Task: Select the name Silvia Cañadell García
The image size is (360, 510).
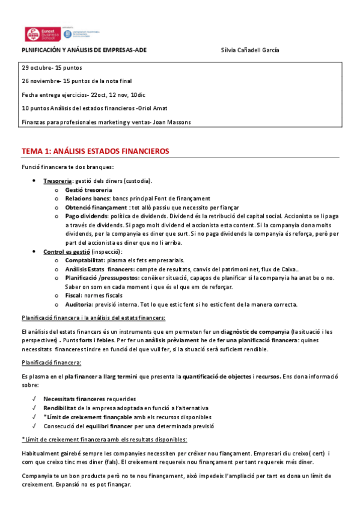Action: (x=250, y=50)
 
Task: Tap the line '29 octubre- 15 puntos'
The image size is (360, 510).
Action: (x=52, y=67)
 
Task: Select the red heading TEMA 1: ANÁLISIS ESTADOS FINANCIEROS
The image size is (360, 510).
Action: (x=96, y=151)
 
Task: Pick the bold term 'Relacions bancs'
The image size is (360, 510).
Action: (x=87, y=198)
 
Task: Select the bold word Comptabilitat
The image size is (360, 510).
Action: (x=85, y=260)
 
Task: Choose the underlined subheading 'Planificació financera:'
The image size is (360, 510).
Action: (x=51, y=362)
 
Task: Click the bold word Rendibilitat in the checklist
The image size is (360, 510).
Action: (x=63, y=408)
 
